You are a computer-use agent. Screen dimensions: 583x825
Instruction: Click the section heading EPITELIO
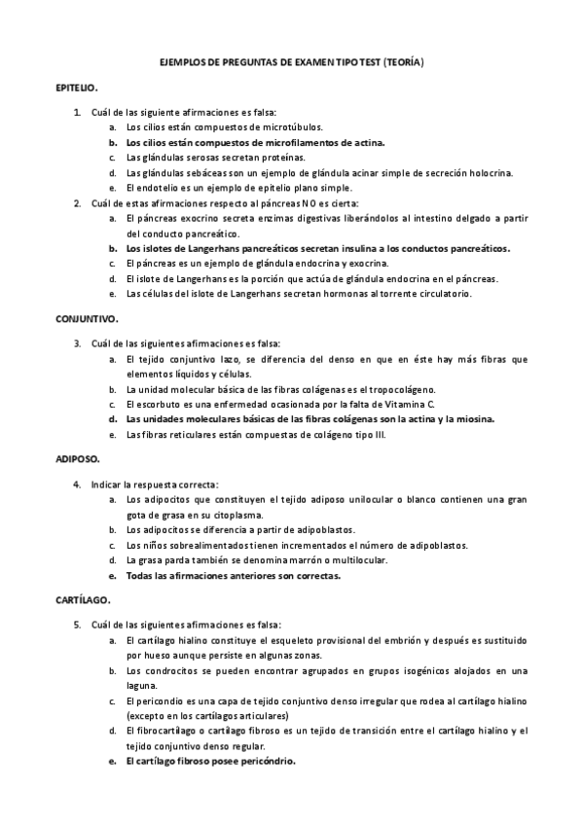[x=76, y=87]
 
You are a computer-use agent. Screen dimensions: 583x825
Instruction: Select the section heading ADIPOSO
[x=78, y=456]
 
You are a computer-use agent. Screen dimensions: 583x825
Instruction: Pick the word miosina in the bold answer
[x=472, y=418]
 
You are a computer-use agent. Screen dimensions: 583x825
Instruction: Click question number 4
[x=76, y=484]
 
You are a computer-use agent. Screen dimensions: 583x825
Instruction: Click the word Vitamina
[x=395, y=403]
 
